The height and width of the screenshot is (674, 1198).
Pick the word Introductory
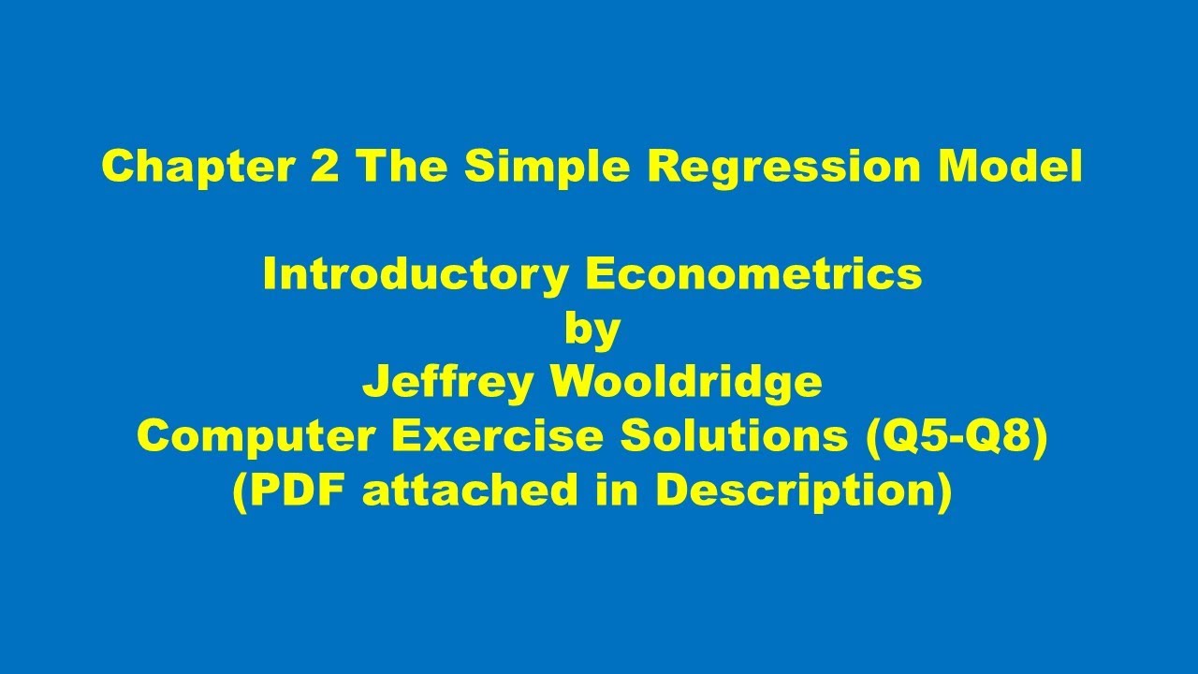[416, 274]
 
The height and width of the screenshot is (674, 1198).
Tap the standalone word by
[592, 329]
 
